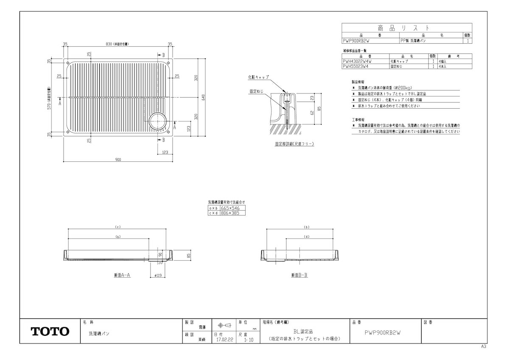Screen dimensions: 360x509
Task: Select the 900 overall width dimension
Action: [118, 160]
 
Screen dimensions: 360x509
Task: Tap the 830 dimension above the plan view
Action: [118, 44]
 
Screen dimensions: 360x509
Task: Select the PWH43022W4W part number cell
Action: [357, 62]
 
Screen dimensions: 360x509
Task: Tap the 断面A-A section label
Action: [122, 276]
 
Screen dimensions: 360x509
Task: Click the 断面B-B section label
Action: [299, 276]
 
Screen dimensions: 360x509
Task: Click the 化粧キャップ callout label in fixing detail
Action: [258, 78]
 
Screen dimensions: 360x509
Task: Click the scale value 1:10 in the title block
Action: [249, 340]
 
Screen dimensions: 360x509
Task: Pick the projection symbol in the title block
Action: [224, 326]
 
